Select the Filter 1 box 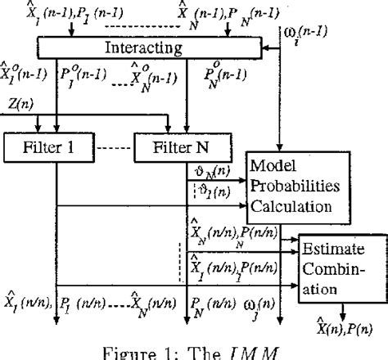(x=38, y=147)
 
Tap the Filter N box (x=179, y=147)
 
